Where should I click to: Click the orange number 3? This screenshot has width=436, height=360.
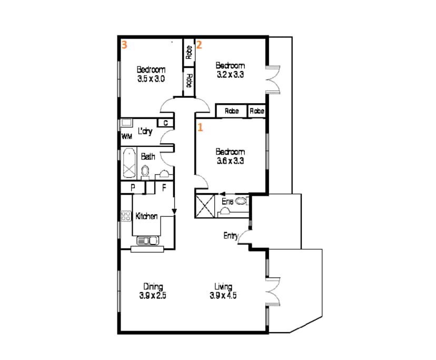click(x=124, y=45)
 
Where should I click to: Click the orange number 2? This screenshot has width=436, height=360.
click(x=199, y=45)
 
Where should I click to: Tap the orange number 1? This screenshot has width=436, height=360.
click(x=200, y=127)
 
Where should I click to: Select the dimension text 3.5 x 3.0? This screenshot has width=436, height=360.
click(x=151, y=79)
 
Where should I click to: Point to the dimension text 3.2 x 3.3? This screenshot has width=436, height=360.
click(x=230, y=75)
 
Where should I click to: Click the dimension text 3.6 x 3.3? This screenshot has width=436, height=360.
click(x=230, y=161)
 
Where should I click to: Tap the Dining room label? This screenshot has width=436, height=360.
click(x=153, y=286)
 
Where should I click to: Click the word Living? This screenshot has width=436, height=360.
click(x=223, y=286)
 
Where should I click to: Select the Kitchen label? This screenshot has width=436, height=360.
click(x=147, y=216)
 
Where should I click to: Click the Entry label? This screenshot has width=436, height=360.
click(x=231, y=236)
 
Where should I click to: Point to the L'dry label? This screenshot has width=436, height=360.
click(x=145, y=132)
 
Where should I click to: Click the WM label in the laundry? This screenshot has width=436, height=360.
click(x=126, y=136)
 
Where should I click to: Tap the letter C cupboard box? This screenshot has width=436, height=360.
click(x=165, y=123)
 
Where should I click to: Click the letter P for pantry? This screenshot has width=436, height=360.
click(x=133, y=187)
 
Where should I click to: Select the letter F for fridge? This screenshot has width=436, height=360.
click(x=164, y=187)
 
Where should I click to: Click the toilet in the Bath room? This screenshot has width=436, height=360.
click(x=146, y=171)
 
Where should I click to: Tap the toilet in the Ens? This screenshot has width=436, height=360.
click(x=241, y=201)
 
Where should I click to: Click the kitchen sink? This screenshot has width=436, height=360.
click(x=148, y=241)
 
